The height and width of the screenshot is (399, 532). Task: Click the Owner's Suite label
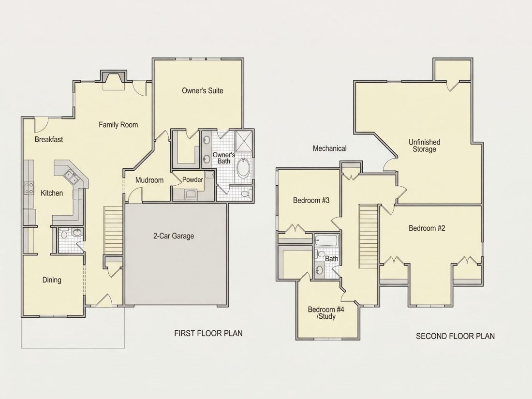[x=203, y=90]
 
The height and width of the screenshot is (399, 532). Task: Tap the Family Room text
[x=118, y=125]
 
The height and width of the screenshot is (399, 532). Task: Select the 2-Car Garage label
[x=174, y=236]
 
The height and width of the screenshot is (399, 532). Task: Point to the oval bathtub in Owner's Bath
[x=243, y=168]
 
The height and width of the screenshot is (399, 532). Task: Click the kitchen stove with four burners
[x=29, y=188]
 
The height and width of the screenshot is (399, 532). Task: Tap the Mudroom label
[x=149, y=180]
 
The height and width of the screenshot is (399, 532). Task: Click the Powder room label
[x=192, y=180]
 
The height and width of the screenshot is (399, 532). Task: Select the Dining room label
[x=52, y=280]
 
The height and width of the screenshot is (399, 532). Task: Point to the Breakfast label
[x=49, y=139]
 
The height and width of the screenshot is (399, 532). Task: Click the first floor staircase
[x=113, y=230]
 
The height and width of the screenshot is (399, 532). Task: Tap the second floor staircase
[x=368, y=236]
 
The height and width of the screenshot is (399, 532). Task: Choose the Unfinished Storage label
[x=425, y=146]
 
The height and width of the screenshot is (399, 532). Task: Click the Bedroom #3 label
[x=311, y=200]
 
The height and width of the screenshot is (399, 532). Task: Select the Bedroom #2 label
[x=427, y=228]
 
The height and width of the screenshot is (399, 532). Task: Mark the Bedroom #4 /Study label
[x=326, y=313]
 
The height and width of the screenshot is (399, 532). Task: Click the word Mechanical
[x=330, y=148]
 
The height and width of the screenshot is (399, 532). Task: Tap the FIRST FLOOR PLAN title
[x=208, y=333]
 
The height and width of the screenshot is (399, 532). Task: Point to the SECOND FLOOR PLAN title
[x=455, y=336]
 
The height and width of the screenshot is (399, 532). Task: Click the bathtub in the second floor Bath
[x=326, y=240]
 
